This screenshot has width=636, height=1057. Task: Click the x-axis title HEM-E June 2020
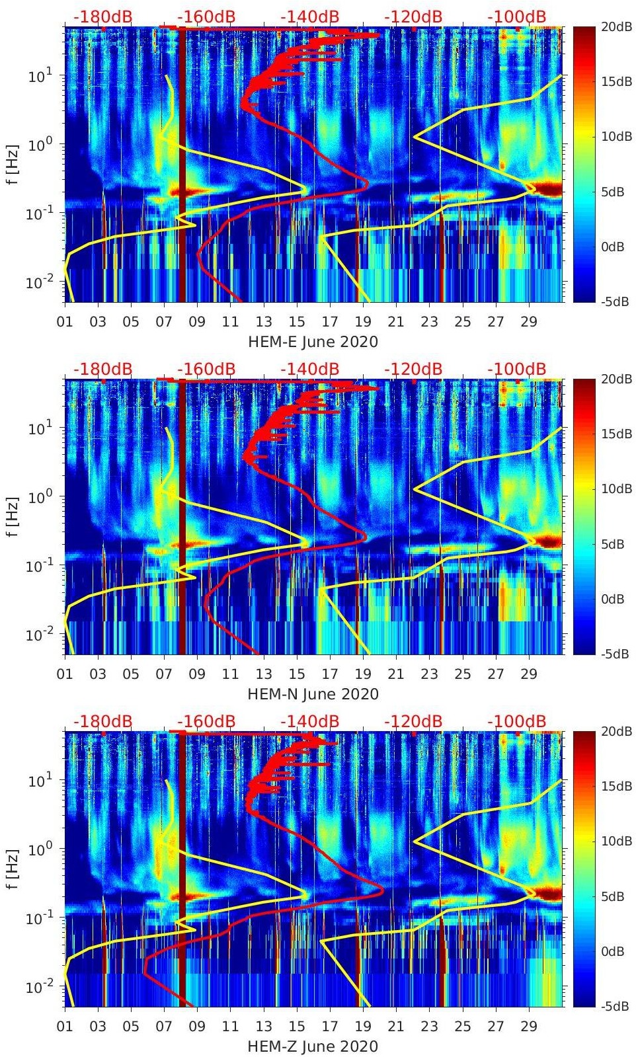click(x=313, y=342)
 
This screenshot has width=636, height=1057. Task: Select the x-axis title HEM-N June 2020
click(x=313, y=694)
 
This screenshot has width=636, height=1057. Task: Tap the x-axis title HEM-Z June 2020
click(x=313, y=1046)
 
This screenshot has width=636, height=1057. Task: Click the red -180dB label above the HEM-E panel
click(x=102, y=17)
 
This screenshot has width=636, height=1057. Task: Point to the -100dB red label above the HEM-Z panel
click(x=516, y=721)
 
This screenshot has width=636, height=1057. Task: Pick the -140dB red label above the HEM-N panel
click(x=309, y=369)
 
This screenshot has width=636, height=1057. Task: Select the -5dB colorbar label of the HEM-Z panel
click(x=616, y=1007)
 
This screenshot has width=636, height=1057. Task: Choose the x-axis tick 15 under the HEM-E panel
click(x=297, y=322)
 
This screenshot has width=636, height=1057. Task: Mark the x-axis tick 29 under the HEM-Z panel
click(x=529, y=1027)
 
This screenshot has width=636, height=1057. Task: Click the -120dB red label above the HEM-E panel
click(x=413, y=17)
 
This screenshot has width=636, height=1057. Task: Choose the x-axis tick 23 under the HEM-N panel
click(x=429, y=674)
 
